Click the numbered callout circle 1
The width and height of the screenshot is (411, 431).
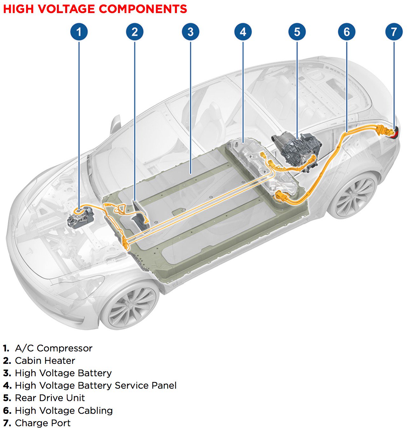tap(79, 32)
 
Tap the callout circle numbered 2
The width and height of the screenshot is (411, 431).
tap(135, 32)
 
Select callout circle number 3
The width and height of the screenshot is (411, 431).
tap(191, 32)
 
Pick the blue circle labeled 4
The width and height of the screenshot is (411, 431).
tap(243, 32)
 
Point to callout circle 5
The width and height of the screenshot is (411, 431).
tap(297, 32)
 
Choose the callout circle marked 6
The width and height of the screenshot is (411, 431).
tap(346, 32)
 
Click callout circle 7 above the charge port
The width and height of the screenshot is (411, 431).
tap(394, 32)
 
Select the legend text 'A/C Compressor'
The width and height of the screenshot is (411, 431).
tap(53, 348)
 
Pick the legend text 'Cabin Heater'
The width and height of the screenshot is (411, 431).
tap(45, 361)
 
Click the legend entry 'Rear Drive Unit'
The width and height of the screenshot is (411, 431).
tap(50, 398)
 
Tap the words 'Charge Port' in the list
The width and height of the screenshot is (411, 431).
tap(43, 423)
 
